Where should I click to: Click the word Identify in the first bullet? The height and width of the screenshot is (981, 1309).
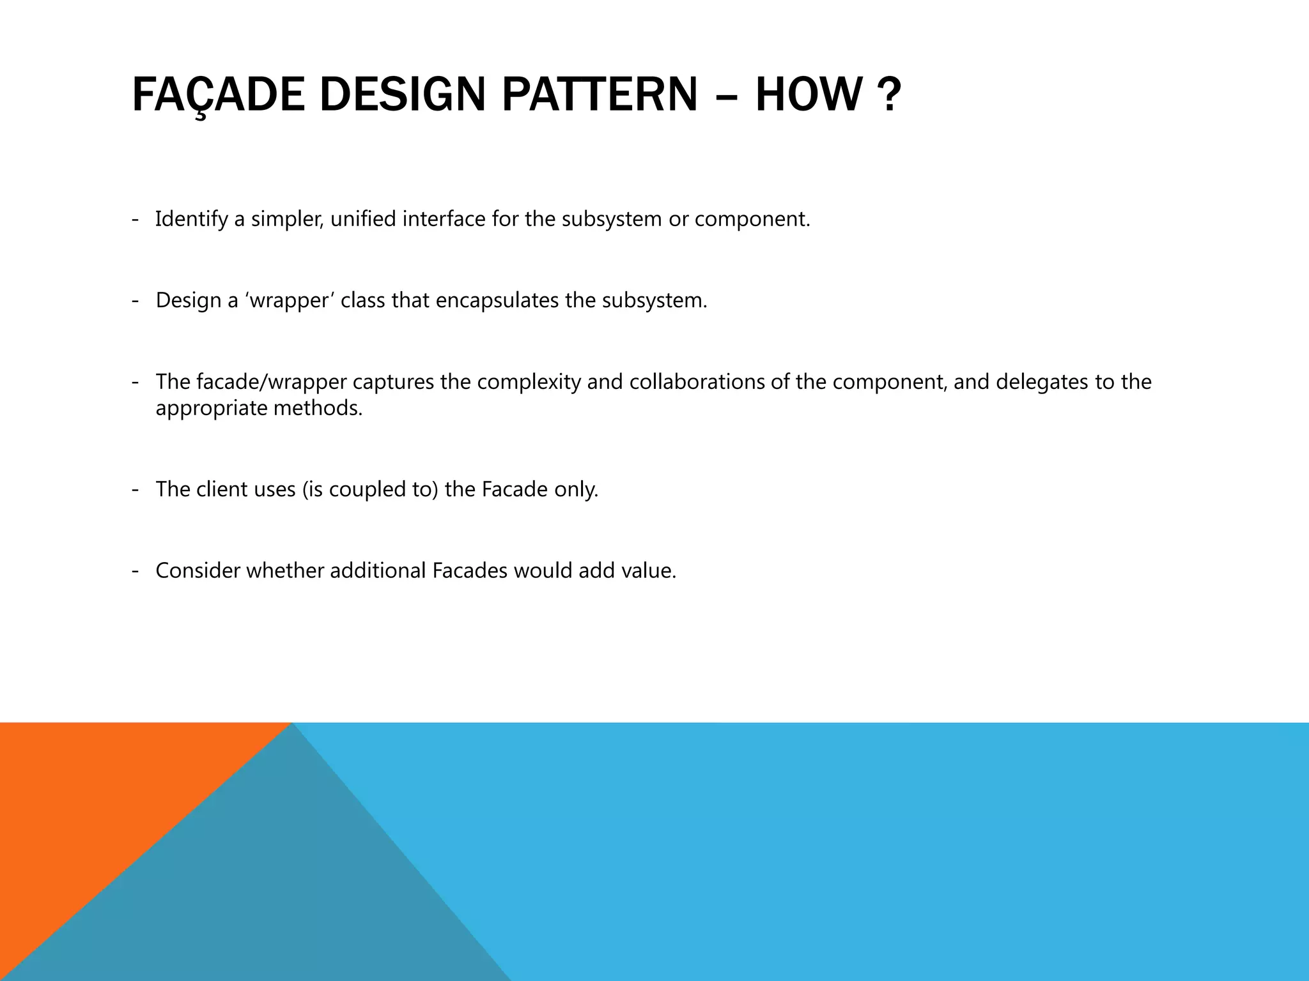click(x=191, y=220)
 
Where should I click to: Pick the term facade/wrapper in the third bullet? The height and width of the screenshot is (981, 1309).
click(x=272, y=382)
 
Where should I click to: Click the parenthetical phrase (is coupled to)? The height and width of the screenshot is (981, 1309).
click(x=371, y=490)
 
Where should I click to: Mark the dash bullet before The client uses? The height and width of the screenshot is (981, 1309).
click(x=136, y=490)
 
